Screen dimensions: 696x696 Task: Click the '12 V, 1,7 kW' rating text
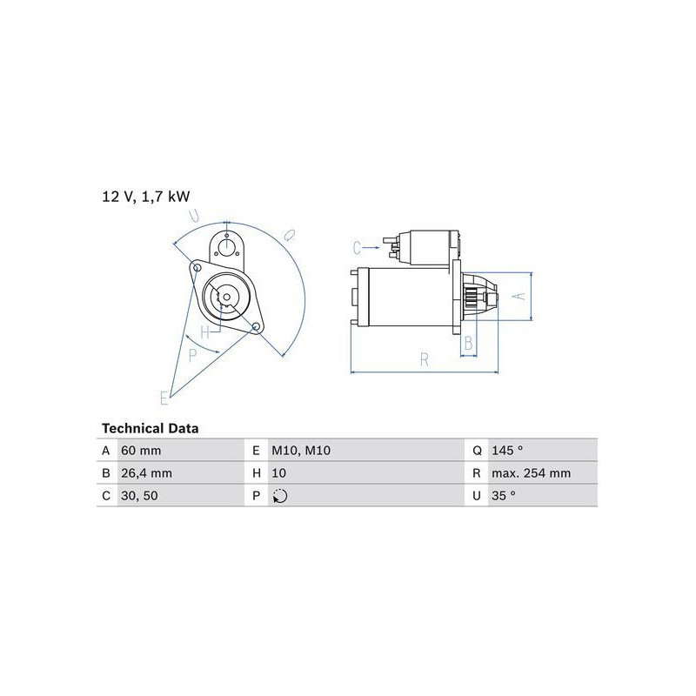(145, 197)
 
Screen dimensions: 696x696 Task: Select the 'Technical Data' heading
(150, 428)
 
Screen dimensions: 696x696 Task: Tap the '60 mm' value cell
(141, 451)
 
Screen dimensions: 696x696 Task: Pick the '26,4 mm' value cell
(146, 473)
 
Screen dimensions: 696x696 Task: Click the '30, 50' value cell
(139, 495)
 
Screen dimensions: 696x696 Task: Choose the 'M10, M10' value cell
(301, 451)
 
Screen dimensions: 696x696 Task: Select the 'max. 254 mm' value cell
(531, 473)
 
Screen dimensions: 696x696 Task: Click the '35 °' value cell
(504, 495)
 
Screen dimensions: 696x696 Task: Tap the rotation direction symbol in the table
(280, 496)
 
